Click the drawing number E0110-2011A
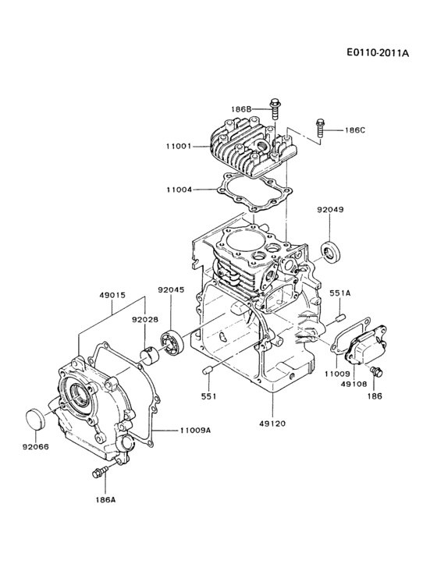pyautogui.click(x=378, y=54)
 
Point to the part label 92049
pyautogui.click(x=331, y=210)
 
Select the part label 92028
pyautogui.click(x=144, y=319)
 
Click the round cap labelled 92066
pyautogui.click(x=37, y=417)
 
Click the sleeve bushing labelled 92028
pyautogui.click(x=150, y=354)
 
